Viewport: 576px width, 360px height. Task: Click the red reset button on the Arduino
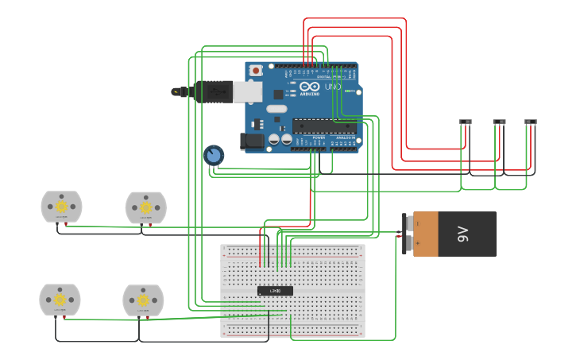256,70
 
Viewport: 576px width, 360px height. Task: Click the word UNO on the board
333,87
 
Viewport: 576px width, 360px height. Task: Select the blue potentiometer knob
213,154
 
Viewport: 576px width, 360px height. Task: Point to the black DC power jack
252,141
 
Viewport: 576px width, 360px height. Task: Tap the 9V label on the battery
462,234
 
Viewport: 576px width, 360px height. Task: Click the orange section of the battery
426,234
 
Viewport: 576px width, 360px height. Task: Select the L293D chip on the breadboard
275,291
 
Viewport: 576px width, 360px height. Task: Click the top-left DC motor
61,207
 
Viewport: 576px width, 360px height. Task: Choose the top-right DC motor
145,207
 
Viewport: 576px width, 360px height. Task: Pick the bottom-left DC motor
60,300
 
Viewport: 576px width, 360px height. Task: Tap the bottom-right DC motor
143,300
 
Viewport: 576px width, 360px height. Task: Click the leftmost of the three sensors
466,122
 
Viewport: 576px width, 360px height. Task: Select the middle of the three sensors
499,122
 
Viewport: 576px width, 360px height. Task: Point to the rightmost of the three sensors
531,122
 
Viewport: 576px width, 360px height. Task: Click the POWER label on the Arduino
319,137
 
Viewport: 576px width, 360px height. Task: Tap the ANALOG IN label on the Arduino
346,137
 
